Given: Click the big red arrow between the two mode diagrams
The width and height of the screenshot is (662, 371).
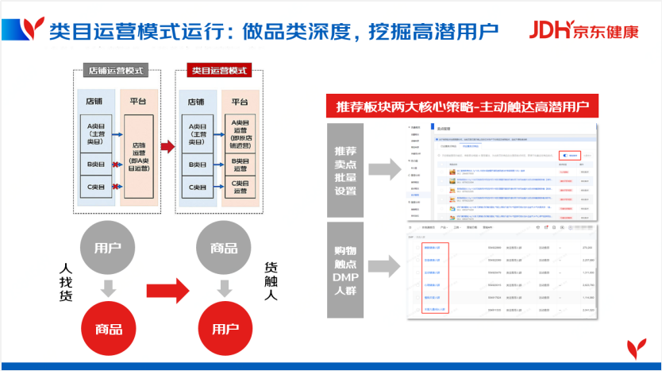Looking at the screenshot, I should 167,147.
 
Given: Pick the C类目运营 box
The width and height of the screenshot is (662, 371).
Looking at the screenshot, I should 241,187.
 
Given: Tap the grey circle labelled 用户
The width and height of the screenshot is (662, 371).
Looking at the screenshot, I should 107,247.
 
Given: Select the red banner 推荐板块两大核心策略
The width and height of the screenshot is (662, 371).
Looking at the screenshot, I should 462,107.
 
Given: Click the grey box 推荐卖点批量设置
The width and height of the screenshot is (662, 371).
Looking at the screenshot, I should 344,169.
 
